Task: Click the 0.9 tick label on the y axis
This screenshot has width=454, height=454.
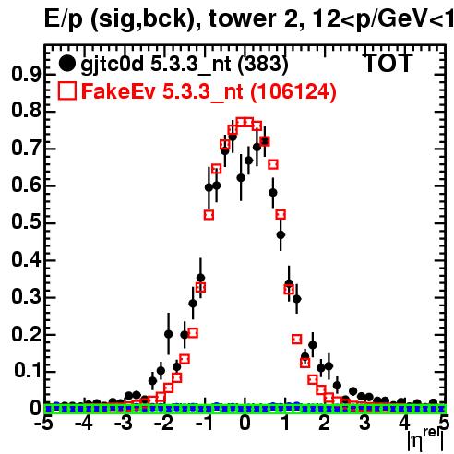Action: click(26, 74)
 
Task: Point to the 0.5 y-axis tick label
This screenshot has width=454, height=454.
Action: click(26, 222)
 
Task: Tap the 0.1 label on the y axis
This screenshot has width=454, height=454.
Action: click(28, 370)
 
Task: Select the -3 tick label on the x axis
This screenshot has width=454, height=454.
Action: click(123, 424)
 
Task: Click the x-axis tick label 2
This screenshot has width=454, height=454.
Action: click(325, 424)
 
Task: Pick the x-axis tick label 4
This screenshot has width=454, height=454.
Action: click(405, 424)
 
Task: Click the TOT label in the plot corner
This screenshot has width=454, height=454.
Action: click(388, 64)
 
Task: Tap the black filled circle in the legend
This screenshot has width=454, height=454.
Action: click(66, 64)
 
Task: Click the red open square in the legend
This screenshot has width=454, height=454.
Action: click(66, 90)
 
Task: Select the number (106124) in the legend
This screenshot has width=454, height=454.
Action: click(293, 91)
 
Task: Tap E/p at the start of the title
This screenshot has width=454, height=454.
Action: click(64, 20)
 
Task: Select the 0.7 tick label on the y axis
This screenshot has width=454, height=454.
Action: click(26, 149)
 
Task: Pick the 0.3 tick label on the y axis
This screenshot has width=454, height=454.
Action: click(26, 296)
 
